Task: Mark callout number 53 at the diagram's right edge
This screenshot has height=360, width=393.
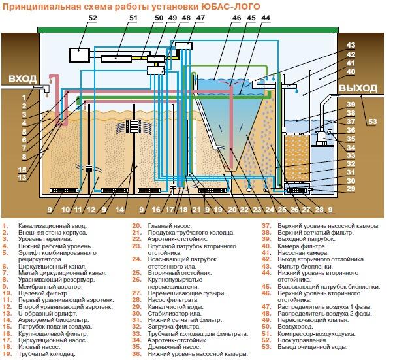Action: click(x=372, y=122)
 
